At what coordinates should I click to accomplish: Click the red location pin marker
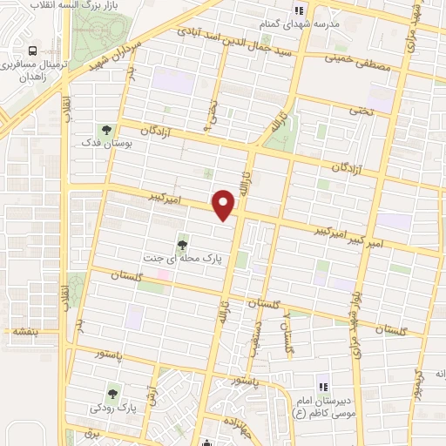click(x=225, y=203)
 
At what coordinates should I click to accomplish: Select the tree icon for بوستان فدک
click(x=106, y=131)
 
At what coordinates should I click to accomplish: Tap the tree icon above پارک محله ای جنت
click(x=182, y=246)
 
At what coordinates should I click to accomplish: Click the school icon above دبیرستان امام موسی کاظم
click(x=321, y=386)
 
